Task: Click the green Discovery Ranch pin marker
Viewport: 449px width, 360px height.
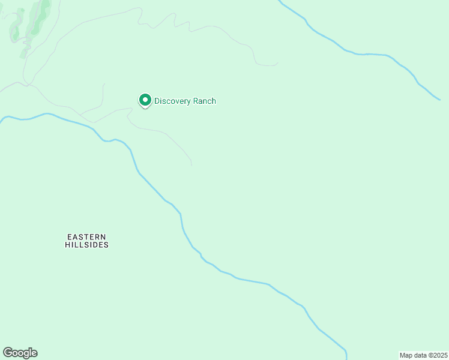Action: (145, 101)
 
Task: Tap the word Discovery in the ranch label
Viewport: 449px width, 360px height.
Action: (173, 101)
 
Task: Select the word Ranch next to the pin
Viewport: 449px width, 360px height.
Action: (205, 101)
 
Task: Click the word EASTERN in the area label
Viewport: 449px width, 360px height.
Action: (86, 236)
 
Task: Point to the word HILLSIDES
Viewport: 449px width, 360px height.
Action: (86, 245)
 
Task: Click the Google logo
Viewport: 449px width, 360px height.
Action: (20, 353)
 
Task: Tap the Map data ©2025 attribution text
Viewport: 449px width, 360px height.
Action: (423, 355)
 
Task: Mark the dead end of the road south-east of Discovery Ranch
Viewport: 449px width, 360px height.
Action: (191, 165)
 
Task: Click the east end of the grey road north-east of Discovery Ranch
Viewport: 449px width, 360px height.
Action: (277, 64)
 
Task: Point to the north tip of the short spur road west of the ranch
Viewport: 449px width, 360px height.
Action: (104, 84)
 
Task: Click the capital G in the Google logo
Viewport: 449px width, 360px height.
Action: (8, 352)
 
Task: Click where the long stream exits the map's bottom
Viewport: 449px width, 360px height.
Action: (346, 358)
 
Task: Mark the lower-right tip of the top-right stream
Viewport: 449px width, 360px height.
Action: (440, 100)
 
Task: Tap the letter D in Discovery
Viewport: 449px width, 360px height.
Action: (157, 101)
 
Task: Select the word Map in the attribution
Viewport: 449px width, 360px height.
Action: (406, 355)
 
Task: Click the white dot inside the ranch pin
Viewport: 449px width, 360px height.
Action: (145, 100)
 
